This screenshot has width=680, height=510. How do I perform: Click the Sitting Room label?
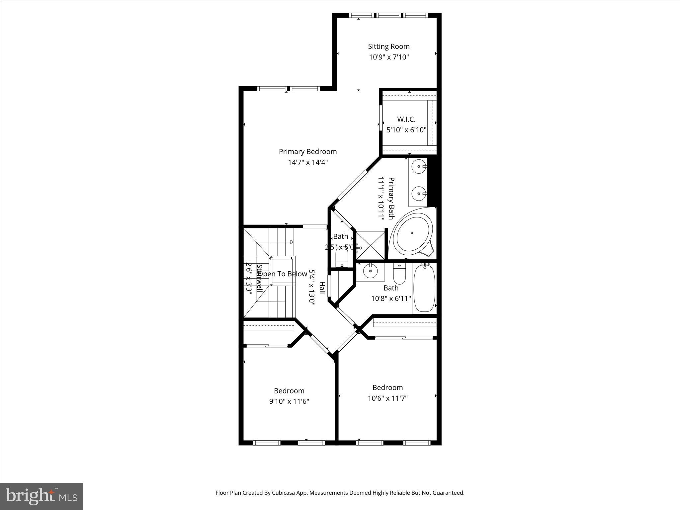388,46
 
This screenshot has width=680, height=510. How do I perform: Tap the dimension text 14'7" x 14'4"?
308,162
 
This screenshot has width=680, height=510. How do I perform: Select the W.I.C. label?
406,119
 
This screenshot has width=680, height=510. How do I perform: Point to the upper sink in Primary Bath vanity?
419,166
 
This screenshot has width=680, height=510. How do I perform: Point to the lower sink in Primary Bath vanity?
419,193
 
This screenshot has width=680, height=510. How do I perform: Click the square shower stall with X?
370,245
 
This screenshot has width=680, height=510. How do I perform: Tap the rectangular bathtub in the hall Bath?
424,288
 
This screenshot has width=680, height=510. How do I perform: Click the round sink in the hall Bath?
370,271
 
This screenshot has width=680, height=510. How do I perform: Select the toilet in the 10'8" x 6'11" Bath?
399,274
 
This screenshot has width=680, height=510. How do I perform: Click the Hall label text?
322,288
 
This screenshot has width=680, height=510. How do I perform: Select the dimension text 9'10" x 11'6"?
289,401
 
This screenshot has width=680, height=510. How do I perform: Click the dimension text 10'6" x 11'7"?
387,398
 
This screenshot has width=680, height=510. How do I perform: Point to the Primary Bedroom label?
308,152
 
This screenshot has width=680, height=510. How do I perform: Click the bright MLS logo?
42,496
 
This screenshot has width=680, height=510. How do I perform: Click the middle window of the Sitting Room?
388,15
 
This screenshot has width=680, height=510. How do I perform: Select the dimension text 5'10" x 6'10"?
406,130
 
